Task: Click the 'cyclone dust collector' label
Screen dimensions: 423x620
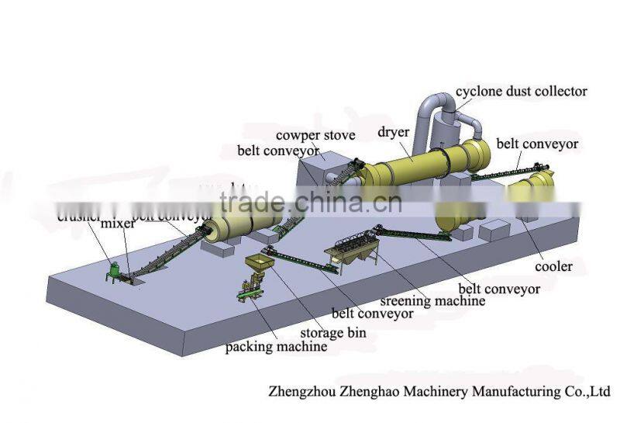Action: click(521, 92)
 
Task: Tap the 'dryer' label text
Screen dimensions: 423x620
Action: click(394, 132)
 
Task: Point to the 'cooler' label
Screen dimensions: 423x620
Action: click(553, 266)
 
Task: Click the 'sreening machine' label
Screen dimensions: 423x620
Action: click(434, 300)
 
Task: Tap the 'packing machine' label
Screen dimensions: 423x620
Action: click(276, 347)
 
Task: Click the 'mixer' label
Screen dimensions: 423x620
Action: click(117, 224)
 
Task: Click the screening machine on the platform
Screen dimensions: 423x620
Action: click(350, 251)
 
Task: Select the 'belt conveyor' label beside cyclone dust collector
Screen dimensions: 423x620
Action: click(537, 144)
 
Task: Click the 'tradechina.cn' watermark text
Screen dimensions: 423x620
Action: click(310, 203)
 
